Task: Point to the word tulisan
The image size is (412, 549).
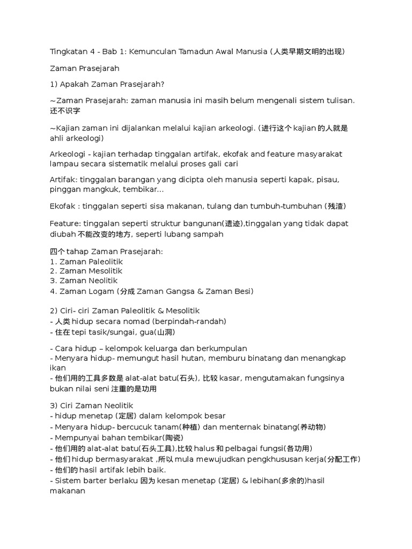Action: pos(338,100)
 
